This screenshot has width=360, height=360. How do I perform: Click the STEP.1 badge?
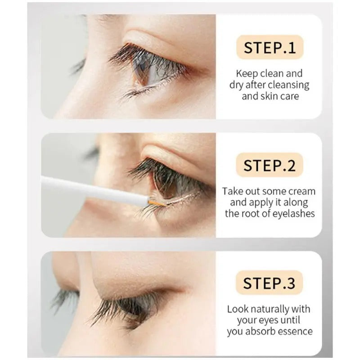pyautogui.click(x=270, y=47)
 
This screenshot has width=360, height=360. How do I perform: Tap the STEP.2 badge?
pyautogui.click(x=270, y=165)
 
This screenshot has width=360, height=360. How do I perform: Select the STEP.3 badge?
pyautogui.click(x=269, y=283)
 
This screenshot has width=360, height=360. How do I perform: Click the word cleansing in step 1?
pyautogui.click(x=288, y=85)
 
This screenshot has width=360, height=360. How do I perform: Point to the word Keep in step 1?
pyautogui.click(x=247, y=74)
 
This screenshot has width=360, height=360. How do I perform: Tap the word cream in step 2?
pyautogui.click(x=302, y=191)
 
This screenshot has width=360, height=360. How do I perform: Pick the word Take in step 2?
pyautogui.click(x=233, y=191)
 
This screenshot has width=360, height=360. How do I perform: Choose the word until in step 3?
pyautogui.click(x=291, y=320)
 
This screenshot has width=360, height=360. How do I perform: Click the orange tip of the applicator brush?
pyautogui.click(x=156, y=203)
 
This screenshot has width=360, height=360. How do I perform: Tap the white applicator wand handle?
pyautogui.click(x=94, y=189)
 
